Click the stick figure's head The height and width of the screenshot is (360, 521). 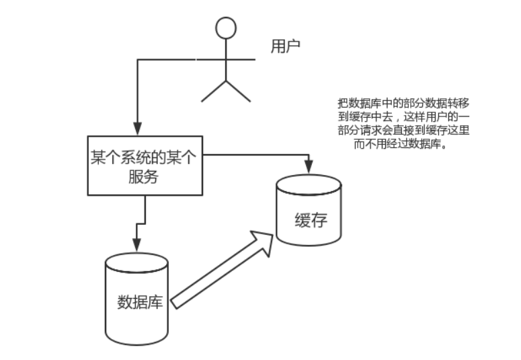coord(227,28)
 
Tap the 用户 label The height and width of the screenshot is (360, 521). coord(285,46)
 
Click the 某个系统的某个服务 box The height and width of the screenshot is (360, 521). coord(145,166)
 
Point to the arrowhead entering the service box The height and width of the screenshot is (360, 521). coord(137,131)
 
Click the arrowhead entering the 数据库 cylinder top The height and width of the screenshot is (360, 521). coord(136,246)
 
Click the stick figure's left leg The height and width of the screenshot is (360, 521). coord(214,92)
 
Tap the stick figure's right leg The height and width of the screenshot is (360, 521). coord(239,92)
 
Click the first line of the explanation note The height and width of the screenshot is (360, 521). coord(403,105)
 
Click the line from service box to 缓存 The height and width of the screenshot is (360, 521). coord(255,157)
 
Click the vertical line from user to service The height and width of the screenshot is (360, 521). coord(137,94)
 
